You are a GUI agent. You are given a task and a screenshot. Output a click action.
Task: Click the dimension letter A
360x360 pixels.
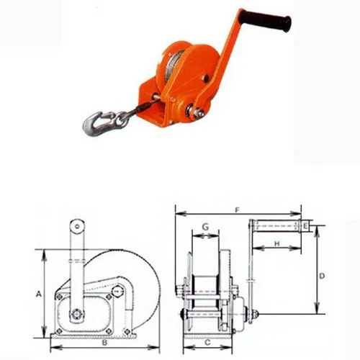click(x=39, y=294)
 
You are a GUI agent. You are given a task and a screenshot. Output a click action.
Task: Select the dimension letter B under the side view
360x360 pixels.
click(x=104, y=343)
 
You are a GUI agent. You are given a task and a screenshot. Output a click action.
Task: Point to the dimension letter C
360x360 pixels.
click(x=207, y=342)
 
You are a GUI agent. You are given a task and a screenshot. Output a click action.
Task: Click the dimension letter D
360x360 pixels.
click(x=322, y=276)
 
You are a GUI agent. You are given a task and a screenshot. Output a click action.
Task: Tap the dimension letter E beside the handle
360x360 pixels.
click(x=305, y=226)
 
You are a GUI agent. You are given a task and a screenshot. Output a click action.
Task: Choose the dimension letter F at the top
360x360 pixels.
click(x=238, y=210)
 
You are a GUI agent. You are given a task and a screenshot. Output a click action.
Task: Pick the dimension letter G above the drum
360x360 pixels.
click(x=205, y=227)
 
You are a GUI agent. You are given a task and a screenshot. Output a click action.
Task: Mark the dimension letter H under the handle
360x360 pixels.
click(x=277, y=244)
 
